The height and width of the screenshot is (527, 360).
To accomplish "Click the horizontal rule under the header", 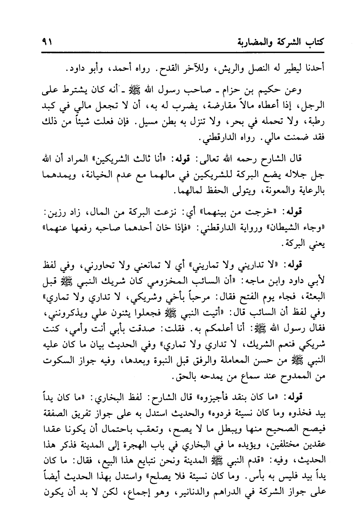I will pos(180,52).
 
